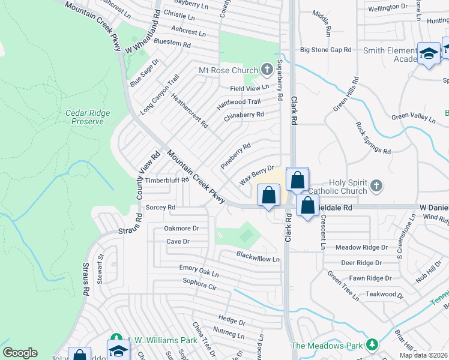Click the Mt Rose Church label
(x=229, y=70)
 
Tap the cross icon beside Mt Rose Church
(x=267, y=70)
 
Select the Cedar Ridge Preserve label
(x=85, y=116)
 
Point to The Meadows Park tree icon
(x=373, y=344)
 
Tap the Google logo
(x=20, y=353)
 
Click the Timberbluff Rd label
(x=167, y=179)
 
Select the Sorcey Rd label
(x=160, y=207)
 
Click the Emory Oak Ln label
(x=199, y=271)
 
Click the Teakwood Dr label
(x=381, y=294)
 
